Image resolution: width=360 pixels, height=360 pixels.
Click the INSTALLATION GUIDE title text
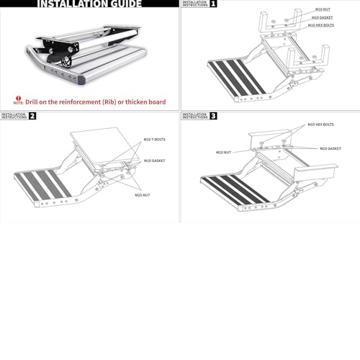(x=89, y=4)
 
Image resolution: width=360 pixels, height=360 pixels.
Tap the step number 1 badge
(x=213, y=4)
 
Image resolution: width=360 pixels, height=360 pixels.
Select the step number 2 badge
(x=32, y=115)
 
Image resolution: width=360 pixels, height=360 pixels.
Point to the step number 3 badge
(x=213, y=115)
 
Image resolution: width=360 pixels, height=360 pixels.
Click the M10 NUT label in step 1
(x=323, y=10)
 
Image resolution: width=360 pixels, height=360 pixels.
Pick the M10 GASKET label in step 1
(x=321, y=17)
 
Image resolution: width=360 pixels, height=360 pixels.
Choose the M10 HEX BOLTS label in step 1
(x=320, y=25)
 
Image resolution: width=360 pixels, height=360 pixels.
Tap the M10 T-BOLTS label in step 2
(x=153, y=139)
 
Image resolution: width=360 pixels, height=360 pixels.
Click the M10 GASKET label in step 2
(x=154, y=161)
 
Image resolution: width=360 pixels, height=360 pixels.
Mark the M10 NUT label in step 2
(x=142, y=194)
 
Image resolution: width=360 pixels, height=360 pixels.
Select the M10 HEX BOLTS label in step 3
(x=320, y=125)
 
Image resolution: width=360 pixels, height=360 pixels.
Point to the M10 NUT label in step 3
(x=223, y=152)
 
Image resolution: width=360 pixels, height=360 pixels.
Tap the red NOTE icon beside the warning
(x=18, y=102)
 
